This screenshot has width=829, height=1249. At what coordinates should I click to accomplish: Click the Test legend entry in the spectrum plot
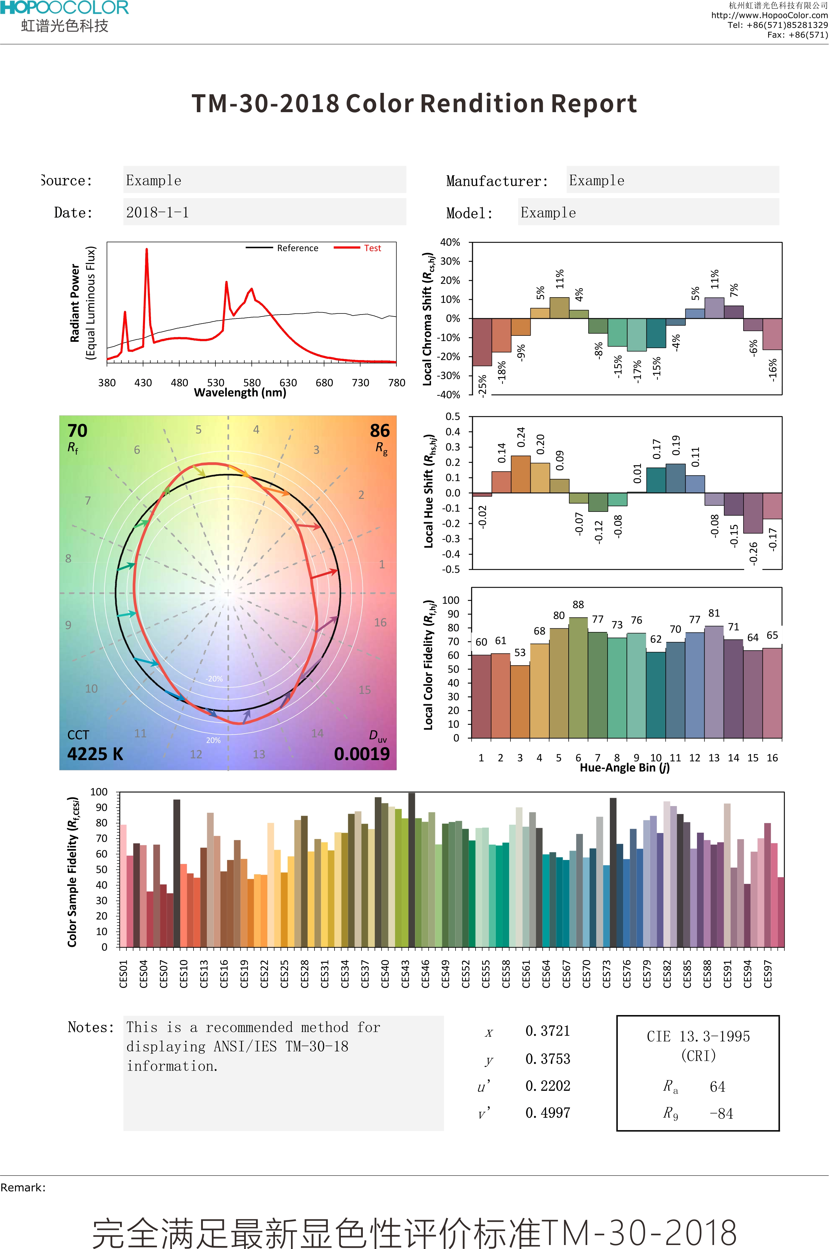click(372, 248)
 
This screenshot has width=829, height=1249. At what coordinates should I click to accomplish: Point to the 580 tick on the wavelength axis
click(252, 382)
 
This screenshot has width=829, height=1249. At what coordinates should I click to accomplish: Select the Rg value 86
click(380, 431)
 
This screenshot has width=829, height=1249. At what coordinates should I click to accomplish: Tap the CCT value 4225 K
click(95, 754)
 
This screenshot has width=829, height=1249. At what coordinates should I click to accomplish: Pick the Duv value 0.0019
click(362, 754)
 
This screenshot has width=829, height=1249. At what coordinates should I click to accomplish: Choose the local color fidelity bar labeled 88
click(578, 677)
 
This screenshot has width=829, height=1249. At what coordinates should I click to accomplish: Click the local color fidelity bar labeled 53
click(520, 701)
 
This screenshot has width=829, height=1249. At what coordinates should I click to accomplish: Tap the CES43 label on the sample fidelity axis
click(405, 973)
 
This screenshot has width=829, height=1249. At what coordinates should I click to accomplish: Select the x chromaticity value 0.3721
click(548, 1031)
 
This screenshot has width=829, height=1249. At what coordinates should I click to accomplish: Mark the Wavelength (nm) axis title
click(240, 392)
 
